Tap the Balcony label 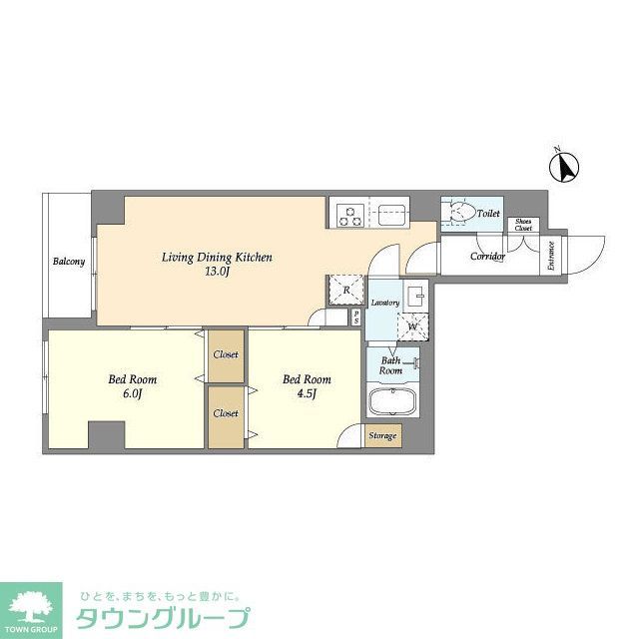click(69, 263)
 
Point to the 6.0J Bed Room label click(133, 385)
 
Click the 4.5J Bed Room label click(307, 385)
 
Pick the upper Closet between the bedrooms click(226, 354)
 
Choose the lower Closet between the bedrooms click(226, 412)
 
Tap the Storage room click(382, 436)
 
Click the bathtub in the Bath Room click(390, 404)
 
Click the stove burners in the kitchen click(351, 213)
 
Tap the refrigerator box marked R click(344, 289)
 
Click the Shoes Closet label click(524, 226)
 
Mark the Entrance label click(550, 258)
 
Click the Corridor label click(487, 257)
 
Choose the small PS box click(356, 318)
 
